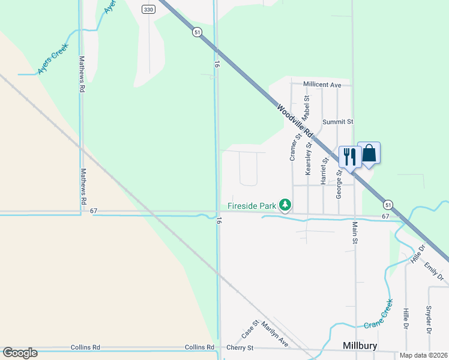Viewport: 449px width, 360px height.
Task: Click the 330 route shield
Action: coord(149,9)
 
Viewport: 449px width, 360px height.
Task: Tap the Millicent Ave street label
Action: coord(322,85)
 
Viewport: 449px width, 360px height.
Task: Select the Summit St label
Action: coord(337,122)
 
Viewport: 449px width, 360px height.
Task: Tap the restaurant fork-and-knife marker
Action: coord(349,157)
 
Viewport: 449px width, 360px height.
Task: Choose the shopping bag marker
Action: coord(369,154)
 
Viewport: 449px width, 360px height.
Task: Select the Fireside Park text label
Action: coord(252,206)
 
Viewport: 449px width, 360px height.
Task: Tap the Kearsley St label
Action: coord(309,157)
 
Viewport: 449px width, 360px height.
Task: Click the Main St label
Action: coord(355,232)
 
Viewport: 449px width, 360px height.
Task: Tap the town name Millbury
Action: coord(360,346)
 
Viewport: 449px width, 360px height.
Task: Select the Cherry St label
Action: coord(240,348)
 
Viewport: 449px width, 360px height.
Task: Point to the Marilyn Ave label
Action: coord(275,333)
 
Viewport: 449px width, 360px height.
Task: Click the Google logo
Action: coord(20,353)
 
